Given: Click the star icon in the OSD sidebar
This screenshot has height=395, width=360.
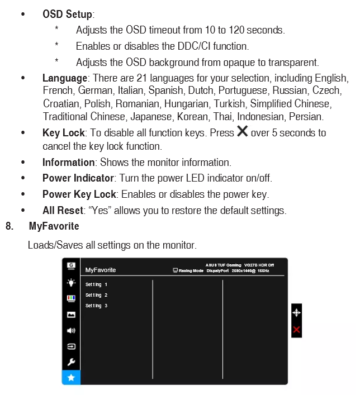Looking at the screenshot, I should (x=71, y=378).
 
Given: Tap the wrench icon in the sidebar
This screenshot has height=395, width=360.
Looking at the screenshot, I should (x=71, y=362).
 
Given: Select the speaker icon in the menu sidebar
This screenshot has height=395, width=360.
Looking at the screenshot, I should (x=71, y=330).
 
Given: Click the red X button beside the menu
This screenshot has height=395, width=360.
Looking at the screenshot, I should (x=296, y=330).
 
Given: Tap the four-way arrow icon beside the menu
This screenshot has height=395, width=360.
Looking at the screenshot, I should (x=296, y=313).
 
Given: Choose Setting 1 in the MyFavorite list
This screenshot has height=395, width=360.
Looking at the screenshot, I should (x=96, y=284).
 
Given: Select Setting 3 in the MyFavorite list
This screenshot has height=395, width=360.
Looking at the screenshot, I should (x=96, y=306).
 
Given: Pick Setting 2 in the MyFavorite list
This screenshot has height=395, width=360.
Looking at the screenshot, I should (x=96, y=295).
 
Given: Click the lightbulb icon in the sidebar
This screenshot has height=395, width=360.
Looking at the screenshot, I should (x=71, y=282).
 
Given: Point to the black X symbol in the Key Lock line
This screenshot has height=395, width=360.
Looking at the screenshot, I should (x=242, y=132).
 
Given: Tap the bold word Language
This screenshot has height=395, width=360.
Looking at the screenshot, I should (x=64, y=78).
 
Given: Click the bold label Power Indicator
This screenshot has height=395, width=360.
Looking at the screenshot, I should (x=78, y=178).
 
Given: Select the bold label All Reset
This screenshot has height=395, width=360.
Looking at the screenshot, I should (x=63, y=211).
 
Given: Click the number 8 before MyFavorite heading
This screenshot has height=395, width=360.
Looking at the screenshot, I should (x=9, y=226).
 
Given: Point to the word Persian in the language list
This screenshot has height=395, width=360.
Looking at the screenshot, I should (x=306, y=117).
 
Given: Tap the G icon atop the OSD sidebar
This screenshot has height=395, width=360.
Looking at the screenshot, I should (x=71, y=265).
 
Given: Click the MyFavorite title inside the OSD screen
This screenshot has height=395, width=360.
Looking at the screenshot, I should (x=101, y=270).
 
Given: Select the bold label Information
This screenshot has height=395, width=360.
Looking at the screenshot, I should (x=68, y=162).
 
